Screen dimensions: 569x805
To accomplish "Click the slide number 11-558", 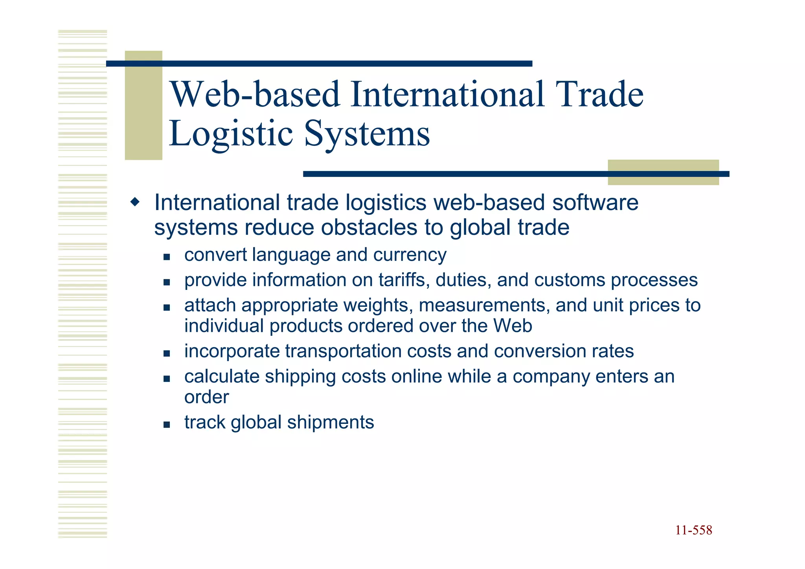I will [x=693, y=530].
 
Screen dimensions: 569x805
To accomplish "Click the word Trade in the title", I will [x=600, y=94].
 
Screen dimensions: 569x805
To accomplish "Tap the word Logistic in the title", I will [x=231, y=134].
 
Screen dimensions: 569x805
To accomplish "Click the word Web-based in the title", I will [x=255, y=94].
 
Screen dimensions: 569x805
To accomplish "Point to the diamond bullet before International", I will [x=135, y=203].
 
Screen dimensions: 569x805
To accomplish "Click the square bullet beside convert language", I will [x=167, y=257].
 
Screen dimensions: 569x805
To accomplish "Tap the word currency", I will [x=410, y=255].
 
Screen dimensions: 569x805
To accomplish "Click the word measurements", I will [x=484, y=306].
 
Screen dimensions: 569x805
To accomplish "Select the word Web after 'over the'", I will [x=513, y=326].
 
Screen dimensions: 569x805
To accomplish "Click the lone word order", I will [x=206, y=397].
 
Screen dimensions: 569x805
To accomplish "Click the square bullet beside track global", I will [x=167, y=425].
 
